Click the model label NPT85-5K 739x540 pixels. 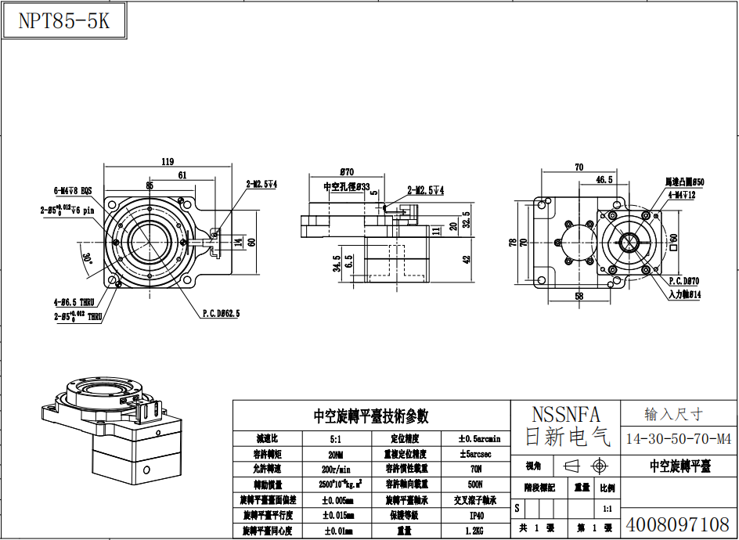(64, 21)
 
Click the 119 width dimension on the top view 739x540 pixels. (167, 162)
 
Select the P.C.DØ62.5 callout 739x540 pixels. (221, 313)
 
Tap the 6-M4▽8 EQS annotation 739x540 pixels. (73, 190)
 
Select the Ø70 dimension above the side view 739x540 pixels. (348, 171)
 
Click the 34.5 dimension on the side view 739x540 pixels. (337, 263)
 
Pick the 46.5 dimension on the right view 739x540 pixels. (604, 179)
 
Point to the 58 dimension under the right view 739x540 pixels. (579, 297)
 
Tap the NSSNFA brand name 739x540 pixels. (565, 414)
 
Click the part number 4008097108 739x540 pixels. (679, 524)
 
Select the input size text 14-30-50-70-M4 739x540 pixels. (679, 438)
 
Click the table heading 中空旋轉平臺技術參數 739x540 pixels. (371, 416)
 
